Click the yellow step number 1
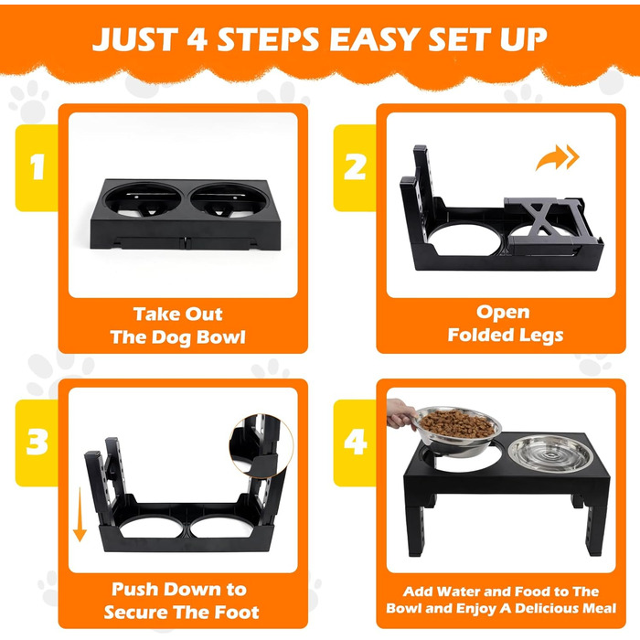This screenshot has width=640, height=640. tap(37, 167)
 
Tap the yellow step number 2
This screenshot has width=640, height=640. tap(355, 167)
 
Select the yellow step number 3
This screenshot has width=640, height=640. tap(37, 443)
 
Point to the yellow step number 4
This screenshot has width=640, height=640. tap(355, 443)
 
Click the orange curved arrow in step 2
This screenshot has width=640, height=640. tap(557, 158)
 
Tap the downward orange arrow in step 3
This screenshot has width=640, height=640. tap(80, 514)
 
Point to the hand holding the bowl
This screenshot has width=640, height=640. tap(400, 414)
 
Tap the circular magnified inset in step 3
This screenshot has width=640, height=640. tap(261, 446)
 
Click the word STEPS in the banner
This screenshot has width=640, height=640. tap(268, 39)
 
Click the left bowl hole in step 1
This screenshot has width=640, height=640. tap(143, 199)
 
